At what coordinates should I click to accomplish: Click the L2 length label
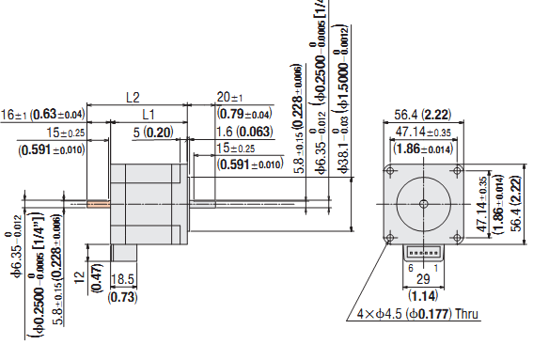coord(133,97)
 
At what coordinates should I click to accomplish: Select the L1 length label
coord(148,113)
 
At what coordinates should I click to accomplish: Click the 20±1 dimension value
coord(229,97)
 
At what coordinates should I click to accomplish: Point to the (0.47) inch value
coord(97,279)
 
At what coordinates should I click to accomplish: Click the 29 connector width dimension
coord(423,280)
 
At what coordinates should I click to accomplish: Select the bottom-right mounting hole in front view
coord(456,237)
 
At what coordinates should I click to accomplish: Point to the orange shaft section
coord(97,202)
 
